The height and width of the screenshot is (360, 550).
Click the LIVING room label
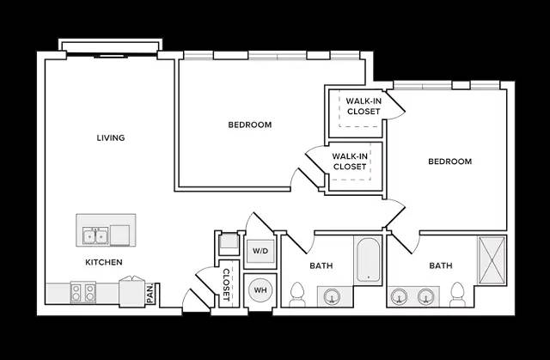pos(111,137)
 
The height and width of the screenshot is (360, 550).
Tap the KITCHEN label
pos(104,262)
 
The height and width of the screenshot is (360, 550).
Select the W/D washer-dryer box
pos(260,251)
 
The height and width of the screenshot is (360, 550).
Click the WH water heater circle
pos(260,290)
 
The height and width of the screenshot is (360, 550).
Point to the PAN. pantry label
pos(150,293)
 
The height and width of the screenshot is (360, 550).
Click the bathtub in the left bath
pos(369,259)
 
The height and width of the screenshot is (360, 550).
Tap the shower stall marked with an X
pos(492,259)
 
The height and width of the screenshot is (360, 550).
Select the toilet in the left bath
pos(297,294)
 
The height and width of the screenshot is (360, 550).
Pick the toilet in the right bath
pos(457,294)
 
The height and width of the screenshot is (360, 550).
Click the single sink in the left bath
pos(331,296)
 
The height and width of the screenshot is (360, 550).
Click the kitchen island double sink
pos(95,236)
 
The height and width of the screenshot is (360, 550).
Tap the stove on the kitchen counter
pos(82,293)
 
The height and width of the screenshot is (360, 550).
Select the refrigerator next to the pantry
pos(131,291)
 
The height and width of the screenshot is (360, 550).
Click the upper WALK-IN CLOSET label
pos(364,107)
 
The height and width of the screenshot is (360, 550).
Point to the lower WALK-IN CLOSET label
pos(350,162)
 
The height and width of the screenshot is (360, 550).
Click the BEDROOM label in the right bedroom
pos(450,162)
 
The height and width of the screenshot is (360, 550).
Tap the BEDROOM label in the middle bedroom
pos(250,125)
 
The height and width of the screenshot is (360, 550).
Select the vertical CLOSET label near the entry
pos(226,284)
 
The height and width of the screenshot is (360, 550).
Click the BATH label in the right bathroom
pos(441,265)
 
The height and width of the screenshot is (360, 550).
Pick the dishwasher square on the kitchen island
pos(120,235)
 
